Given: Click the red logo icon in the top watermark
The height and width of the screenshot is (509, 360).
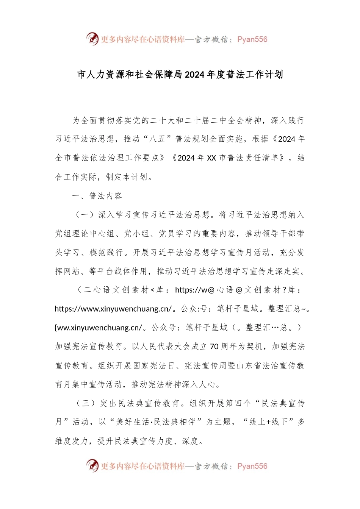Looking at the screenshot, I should click(92, 39).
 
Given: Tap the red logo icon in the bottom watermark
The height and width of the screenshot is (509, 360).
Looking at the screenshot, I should click(92, 465).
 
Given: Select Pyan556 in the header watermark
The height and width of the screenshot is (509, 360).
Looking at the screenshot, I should click(252, 39).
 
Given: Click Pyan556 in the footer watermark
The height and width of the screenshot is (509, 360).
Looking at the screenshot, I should click(252, 466).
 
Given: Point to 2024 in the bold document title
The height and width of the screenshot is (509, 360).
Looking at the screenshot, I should click(195, 75).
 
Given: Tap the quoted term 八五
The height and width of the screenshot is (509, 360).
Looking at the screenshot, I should click(158, 139).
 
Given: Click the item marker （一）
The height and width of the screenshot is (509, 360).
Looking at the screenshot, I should click(85, 215).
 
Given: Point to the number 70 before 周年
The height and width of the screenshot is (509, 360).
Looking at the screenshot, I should click(214, 347).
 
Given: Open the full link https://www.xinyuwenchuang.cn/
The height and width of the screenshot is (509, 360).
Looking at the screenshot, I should click(113, 309).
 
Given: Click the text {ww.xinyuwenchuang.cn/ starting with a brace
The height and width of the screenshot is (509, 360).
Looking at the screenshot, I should click(99, 328).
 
